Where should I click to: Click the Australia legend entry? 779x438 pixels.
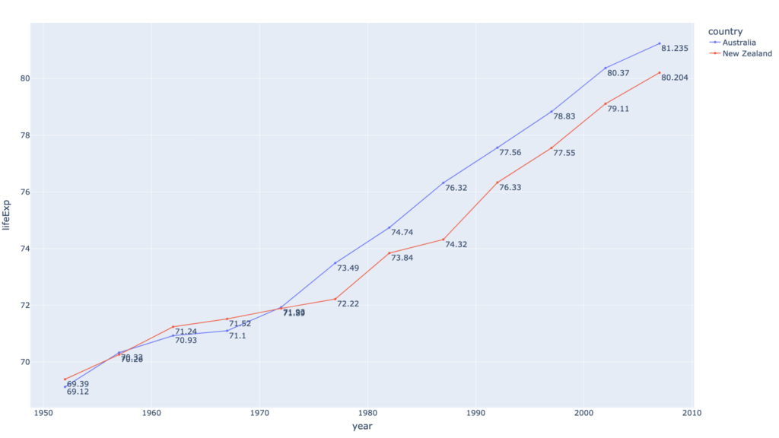coord(739,43)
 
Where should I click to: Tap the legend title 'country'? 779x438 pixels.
coord(724,30)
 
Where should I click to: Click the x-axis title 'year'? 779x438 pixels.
coord(362,427)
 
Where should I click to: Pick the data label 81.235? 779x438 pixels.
coord(675,49)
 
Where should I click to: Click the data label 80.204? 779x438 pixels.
coord(675,78)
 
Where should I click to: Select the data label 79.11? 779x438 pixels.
coord(618,109)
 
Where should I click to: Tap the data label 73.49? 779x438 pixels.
coord(348,268)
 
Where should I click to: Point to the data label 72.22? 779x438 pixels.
coord(348,304)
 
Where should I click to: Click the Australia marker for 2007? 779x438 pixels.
coord(660,43)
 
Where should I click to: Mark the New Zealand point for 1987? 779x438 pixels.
coord(444,240)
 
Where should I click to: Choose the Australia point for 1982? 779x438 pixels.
coord(389,227)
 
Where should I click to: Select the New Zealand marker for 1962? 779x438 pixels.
coord(173,327)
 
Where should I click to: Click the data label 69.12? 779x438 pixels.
coord(78,392)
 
